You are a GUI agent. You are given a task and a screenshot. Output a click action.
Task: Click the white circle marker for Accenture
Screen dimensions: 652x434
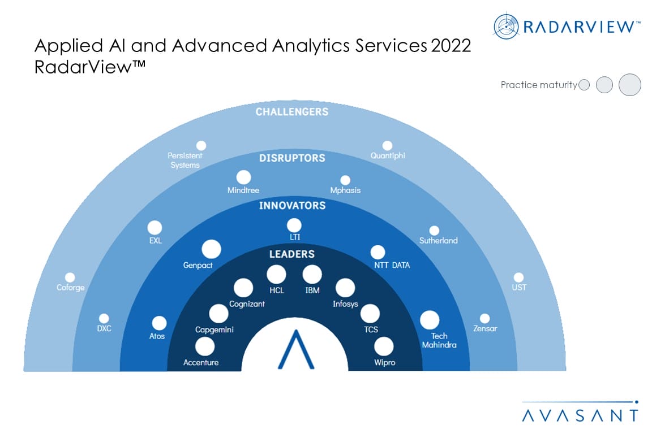tap(204, 346)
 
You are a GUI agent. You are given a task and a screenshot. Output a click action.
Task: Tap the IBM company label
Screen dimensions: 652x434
tap(312, 290)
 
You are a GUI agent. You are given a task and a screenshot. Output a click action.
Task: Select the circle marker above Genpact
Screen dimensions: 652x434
tap(211, 250)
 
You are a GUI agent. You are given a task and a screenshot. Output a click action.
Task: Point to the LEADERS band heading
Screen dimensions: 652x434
tap(292, 254)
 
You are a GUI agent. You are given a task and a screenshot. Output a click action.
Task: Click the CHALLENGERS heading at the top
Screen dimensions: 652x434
tap(292, 112)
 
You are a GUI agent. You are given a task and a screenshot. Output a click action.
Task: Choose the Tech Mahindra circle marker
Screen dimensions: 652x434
tap(430, 320)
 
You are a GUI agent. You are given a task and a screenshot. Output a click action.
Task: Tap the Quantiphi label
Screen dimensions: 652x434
tap(388, 156)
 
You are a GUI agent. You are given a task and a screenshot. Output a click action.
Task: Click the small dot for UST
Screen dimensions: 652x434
tap(518, 277)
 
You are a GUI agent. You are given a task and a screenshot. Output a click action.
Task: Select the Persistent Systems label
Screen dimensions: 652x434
tap(185, 160)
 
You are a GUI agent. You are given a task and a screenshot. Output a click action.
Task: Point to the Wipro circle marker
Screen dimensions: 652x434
tap(384, 347)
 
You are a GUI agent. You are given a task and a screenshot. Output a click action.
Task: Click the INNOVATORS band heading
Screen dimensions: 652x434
tap(292, 206)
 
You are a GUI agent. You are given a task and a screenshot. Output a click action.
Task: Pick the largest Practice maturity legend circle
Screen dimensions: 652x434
tap(629, 85)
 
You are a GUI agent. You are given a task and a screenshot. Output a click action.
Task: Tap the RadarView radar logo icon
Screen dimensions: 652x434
tap(506, 26)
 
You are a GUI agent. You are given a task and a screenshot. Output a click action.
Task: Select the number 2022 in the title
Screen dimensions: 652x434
tap(451, 46)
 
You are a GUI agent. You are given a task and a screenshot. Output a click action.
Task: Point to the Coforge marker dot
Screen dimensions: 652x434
tap(70, 277)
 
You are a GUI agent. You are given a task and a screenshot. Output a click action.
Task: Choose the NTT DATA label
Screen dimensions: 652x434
tap(392, 265)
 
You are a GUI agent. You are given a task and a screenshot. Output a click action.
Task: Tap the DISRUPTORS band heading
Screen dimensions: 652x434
tap(292, 158)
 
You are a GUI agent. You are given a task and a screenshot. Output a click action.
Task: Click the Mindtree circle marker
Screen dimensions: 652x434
tap(244, 177)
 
